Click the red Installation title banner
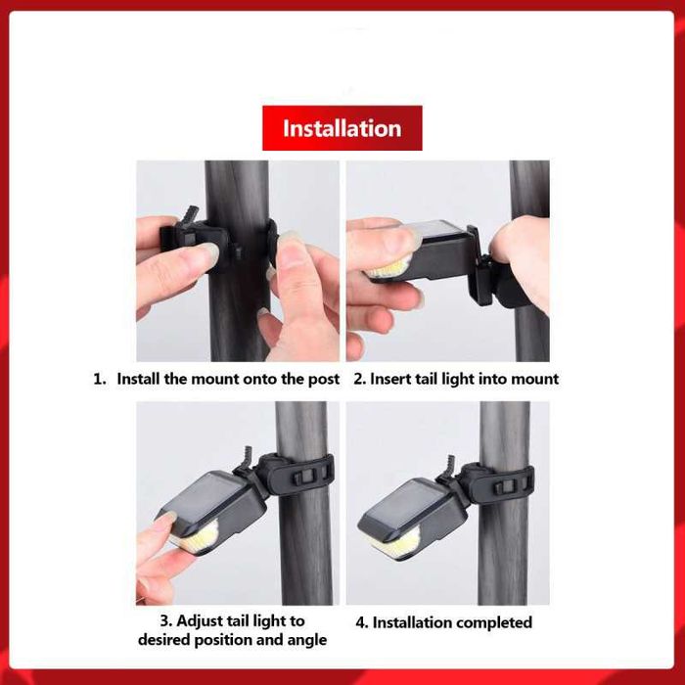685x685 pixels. click(342, 128)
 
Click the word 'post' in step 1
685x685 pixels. click(324, 380)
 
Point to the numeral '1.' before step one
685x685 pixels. click(100, 379)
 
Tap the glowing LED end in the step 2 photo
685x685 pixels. click(388, 268)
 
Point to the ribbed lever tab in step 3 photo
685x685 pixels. click(249, 456)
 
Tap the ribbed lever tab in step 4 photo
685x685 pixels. click(450, 465)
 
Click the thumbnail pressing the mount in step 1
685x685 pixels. click(207, 251)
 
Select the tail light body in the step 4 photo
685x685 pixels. click(412, 517)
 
